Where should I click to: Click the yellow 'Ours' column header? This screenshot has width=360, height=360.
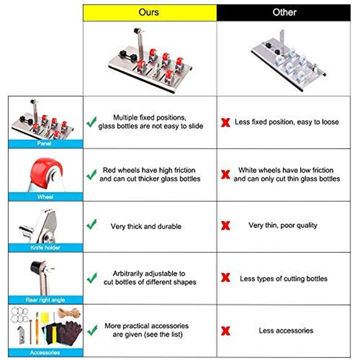(x=150, y=13)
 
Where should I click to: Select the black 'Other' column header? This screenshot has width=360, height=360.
(x=284, y=13)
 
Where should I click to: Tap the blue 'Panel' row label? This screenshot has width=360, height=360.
(x=45, y=144)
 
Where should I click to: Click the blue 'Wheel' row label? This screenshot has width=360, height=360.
(x=45, y=197)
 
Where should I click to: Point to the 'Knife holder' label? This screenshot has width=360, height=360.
(x=45, y=248)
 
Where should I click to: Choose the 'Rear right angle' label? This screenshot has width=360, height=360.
(x=45, y=300)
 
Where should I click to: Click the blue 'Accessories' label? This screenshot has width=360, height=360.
(x=45, y=352)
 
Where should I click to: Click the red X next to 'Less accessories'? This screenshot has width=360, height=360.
(x=226, y=331)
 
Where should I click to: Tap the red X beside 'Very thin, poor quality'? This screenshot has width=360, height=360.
(x=226, y=226)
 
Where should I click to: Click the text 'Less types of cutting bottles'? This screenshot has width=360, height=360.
(x=284, y=279)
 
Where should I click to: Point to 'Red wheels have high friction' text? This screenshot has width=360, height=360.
(x=149, y=170)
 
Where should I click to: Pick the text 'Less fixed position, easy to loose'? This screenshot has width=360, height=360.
(x=287, y=122)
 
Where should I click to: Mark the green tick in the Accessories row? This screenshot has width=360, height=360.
(x=92, y=329)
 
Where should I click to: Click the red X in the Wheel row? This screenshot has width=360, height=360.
(x=226, y=175)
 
